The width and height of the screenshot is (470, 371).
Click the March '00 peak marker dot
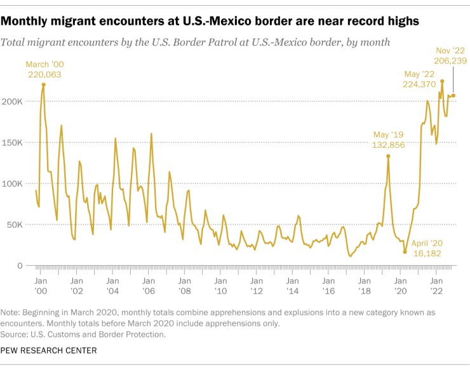(43, 85)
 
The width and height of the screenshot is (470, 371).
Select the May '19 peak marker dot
(388, 156)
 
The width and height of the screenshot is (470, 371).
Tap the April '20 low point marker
(405, 252)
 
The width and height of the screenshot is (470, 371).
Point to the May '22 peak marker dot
(442, 81)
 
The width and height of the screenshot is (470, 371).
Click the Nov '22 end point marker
(453, 96)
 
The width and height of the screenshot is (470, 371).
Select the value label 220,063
(45, 74)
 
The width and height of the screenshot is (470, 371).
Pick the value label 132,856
(388, 145)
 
